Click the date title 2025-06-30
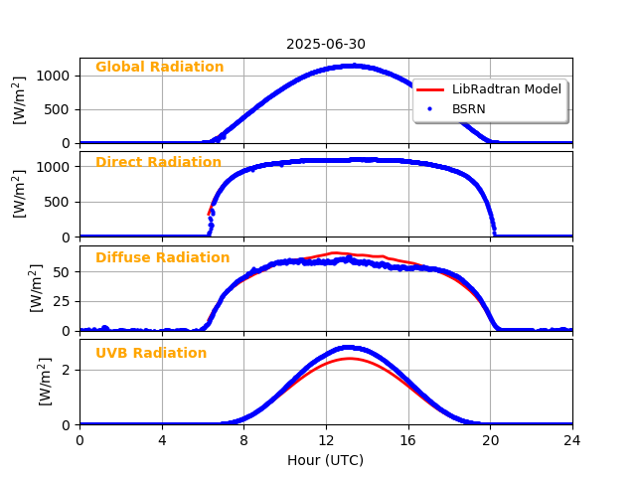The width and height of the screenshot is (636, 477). [326, 44]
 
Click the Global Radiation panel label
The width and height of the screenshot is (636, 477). [159, 68]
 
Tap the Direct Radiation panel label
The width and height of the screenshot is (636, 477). [158, 163]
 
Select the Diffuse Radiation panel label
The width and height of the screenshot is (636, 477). [162, 258]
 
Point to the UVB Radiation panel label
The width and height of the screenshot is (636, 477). [151, 354]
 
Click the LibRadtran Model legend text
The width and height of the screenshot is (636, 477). [506, 89]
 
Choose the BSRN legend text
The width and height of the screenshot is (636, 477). [469, 107]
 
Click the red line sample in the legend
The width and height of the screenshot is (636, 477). [430, 89]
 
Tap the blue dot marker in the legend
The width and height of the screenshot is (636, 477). [430, 107]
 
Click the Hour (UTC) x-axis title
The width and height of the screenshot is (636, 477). [326, 460]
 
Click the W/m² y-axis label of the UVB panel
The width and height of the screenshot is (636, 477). [46, 382]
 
